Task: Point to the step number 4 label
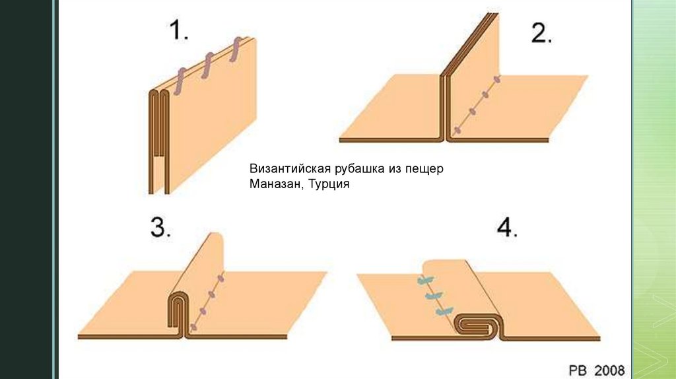pos(507,228)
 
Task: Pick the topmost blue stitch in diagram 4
pos(422,281)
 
